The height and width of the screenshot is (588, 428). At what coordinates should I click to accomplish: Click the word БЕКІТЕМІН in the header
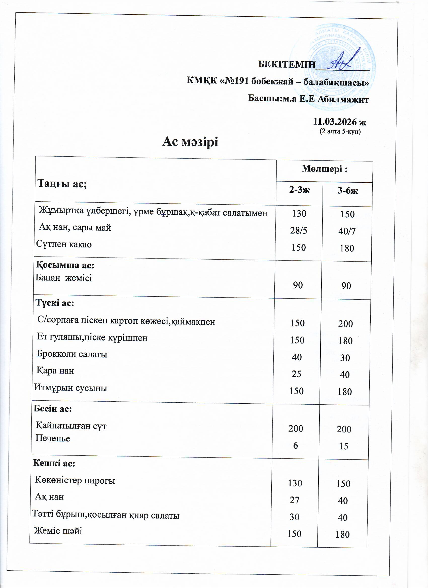(x=286, y=64)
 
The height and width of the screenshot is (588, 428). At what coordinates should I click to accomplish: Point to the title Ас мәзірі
(x=190, y=142)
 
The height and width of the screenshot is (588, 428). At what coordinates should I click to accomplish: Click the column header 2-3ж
(x=299, y=190)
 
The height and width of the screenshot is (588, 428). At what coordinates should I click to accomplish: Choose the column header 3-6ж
(x=347, y=191)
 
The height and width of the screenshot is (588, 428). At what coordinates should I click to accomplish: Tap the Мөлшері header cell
(x=325, y=169)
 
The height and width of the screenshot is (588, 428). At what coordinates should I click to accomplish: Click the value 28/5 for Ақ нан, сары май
(x=299, y=230)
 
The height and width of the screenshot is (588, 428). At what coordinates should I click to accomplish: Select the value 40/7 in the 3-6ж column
(x=347, y=231)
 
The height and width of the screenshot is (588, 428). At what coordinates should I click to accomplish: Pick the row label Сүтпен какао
(x=64, y=244)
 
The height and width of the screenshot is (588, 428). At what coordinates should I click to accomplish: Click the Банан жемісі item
(x=64, y=278)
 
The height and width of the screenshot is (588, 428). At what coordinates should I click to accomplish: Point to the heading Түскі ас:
(x=55, y=303)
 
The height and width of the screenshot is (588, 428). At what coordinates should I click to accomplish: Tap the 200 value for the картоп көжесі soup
(x=345, y=324)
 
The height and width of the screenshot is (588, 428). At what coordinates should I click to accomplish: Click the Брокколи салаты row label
(x=72, y=354)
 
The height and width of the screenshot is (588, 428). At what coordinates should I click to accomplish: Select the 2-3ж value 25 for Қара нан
(x=296, y=374)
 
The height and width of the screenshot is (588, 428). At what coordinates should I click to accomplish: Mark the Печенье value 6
(x=295, y=445)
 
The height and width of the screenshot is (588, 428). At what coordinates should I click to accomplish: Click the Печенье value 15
(x=344, y=446)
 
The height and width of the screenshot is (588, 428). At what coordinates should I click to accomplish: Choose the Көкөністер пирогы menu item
(x=75, y=480)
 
